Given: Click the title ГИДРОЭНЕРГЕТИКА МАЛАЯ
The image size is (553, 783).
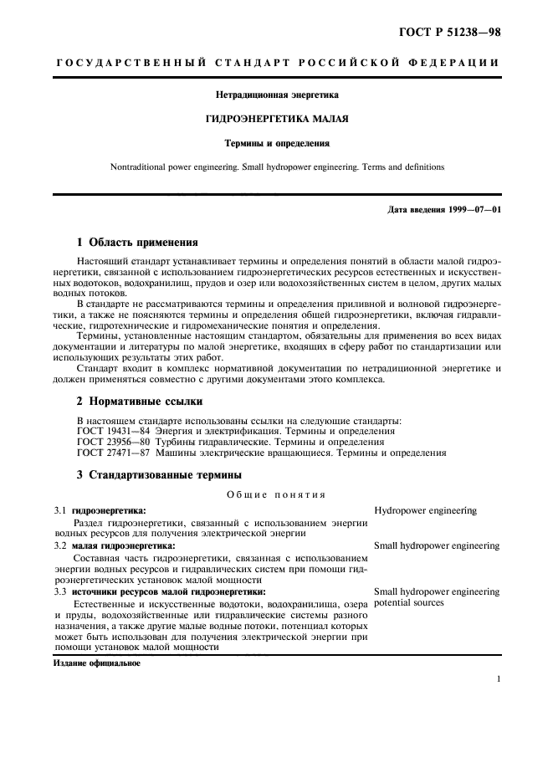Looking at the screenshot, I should tap(277, 119).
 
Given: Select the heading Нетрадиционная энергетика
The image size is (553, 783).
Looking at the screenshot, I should tap(277, 95).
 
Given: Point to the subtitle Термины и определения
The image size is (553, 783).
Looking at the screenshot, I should tap(277, 143).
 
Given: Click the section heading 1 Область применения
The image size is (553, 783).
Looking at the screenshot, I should tap(137, 243).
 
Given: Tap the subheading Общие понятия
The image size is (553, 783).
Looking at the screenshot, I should tap(277, 494).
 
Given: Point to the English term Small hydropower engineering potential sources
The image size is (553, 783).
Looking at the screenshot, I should tap(436, 596).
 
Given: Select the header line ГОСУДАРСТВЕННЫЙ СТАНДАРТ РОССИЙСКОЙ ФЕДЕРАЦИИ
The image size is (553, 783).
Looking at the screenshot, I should tap(277, 64).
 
